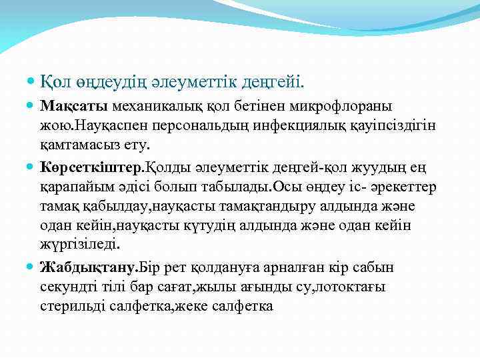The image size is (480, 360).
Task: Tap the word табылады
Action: click(x=234, y=187)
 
